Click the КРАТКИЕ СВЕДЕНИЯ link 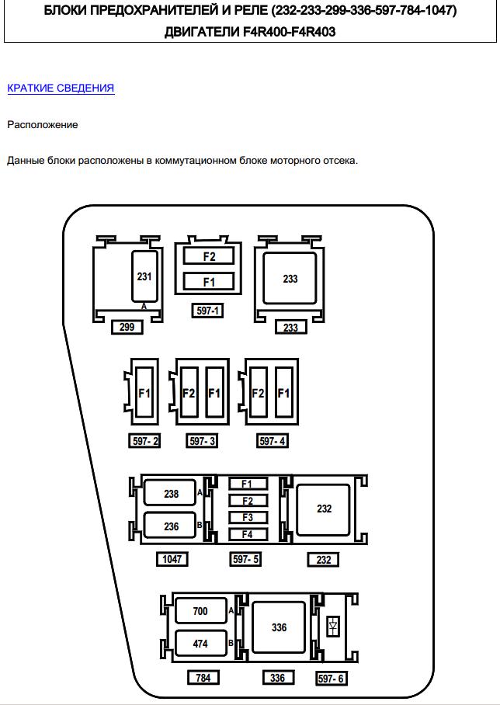pos(61,88)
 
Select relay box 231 pos(145,276)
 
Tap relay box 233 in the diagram pos(290,278)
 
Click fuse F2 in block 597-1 pos(209,256)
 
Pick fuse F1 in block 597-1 pos(209,282)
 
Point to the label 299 pos(127,327)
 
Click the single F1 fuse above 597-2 pos(144,394)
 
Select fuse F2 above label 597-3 pos(189,394)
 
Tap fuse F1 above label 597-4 pos(283,394)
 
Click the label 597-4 pos(273,441)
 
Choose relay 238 pos(172,494)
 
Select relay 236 pos(172,526)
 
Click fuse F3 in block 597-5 pos(248,518)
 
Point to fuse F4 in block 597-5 pos(248,534)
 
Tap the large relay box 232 pos(324,509)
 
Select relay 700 pos(200,611)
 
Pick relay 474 pos(200,644)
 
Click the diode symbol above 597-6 pos(334,626)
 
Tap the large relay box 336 pos(280,627)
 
